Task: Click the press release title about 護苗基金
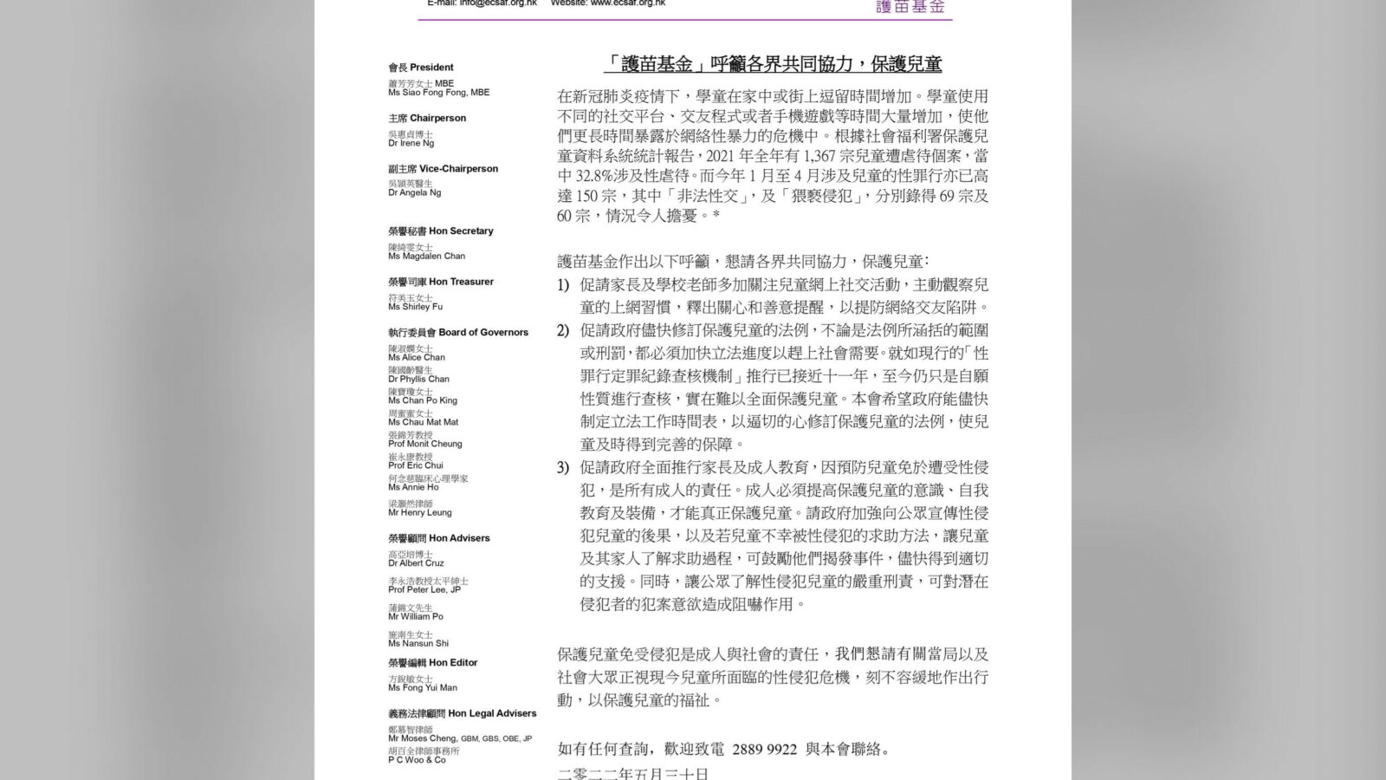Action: tap(773, 64)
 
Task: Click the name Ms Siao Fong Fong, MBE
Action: tap(438, 93)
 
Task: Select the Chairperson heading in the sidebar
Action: tap(427, 118)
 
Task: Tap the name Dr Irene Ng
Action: tap(411, 143)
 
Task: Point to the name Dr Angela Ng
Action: tap(414, 192)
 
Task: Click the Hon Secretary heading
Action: tap(441, 231)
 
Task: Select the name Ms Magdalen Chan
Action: tap(426, 256)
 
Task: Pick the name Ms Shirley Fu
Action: tap(415, 306)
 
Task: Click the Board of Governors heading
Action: tap(458, 332)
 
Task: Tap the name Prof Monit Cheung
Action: tap(425, 444)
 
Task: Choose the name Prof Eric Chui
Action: tap(416, 465)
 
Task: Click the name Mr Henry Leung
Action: tap(420, 512)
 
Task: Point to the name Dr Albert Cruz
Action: tap(416, 562)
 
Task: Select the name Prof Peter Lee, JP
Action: tap(424, 589)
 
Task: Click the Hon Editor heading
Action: tap(433, 663)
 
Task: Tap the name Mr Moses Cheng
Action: tap(422, 738)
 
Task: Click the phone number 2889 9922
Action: tap(764, 749)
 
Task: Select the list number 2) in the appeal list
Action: tap(563, 330)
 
